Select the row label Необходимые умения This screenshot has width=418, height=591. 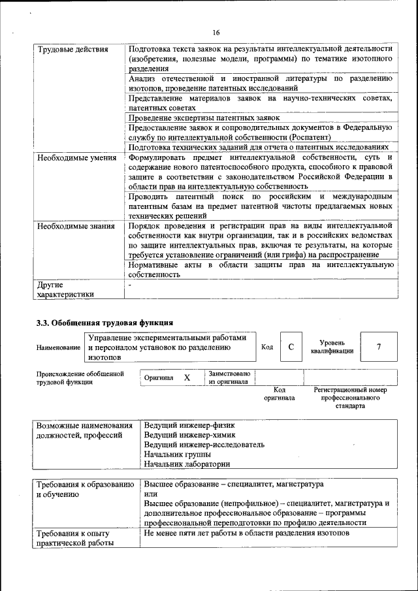tap(72, 158)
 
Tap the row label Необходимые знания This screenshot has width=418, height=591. tap(71, 225)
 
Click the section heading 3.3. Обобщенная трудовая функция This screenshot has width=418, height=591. tap(104, 322)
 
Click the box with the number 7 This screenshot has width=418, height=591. tap(378, 347)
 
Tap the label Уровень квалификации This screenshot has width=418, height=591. tap(332, 347)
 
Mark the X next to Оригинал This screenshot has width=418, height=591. tap(187, 377)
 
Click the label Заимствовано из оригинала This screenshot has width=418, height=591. tap(229, 377)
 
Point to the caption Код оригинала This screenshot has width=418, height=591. tap(280, 393)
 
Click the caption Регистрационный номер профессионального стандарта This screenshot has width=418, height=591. tap(350, 398)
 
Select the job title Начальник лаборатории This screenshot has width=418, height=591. tap(187, 464)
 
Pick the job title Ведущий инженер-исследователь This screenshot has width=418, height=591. tap(204, 445)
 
